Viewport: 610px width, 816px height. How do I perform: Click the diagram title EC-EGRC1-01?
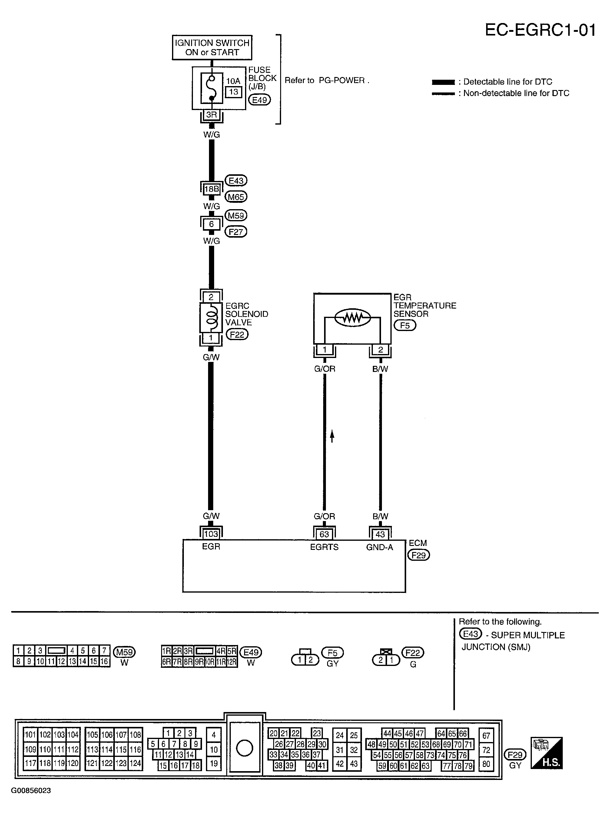coord(540,30)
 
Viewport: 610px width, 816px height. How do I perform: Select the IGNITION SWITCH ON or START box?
coord(212,48)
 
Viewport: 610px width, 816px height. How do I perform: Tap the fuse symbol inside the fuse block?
coord(212,88)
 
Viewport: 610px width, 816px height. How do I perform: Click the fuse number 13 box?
coord(234,92)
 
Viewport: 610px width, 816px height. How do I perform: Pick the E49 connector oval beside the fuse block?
coord(260,100)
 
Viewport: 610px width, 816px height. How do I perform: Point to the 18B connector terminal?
coord(212,189)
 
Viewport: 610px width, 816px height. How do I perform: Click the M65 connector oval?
coord(236,197)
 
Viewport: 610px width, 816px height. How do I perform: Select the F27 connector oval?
coord(236,232)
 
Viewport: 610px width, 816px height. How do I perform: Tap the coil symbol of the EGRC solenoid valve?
coord(211,317)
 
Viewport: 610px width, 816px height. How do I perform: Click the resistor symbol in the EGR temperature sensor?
coord(352,318)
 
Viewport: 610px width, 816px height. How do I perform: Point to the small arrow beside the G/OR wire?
coord(332,436)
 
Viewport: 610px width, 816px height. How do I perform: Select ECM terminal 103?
coord(211,533)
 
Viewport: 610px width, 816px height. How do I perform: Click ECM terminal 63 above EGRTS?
coord(324,534)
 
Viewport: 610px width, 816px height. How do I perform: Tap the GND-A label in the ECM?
coord(380,547)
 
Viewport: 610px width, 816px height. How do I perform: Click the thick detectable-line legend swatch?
coord(443,82)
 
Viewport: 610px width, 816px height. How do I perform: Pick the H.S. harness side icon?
coord(547,753)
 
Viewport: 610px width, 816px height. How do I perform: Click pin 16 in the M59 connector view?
coord(104,661)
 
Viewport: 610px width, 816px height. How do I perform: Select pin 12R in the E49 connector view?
coord(231,662)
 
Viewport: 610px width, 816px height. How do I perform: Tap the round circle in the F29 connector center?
coord(244,748)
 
